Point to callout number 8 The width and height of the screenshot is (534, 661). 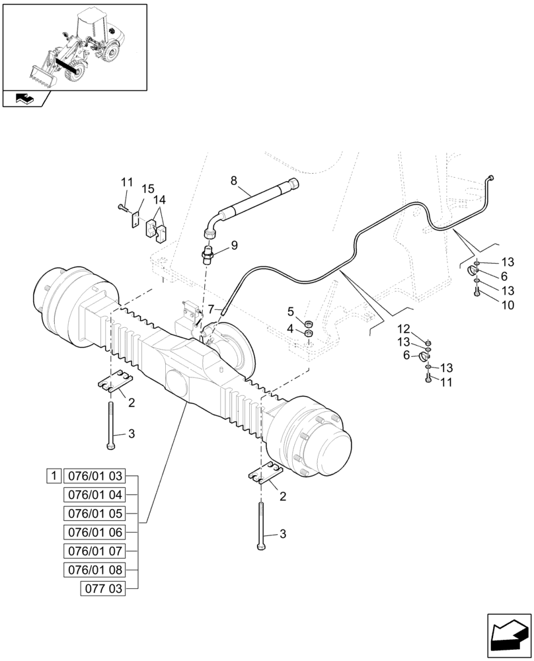[233, 180]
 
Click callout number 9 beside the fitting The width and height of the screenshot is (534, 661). [233, 246]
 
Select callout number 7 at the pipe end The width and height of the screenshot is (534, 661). [211, 309]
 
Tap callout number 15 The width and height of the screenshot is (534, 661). [148, 189]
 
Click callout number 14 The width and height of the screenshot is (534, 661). [160, 200]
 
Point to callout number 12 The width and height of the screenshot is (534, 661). [403, 329]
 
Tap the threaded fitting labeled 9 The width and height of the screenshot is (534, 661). [208, 254]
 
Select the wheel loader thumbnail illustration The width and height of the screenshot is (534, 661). [74, 46]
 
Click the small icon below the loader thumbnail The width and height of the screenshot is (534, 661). [24, 99]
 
